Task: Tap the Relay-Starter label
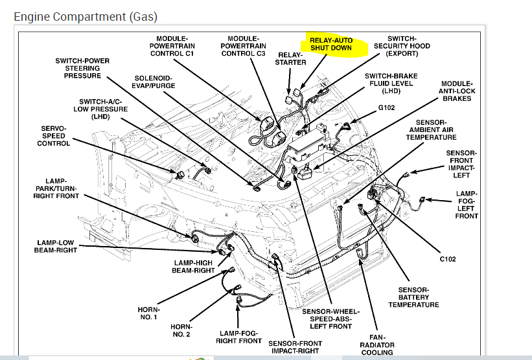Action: point(290,58)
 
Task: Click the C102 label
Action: point(447,259)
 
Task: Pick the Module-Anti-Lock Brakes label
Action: point(457,91)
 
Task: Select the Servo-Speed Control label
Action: point(54,135)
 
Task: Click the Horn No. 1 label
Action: point(149,313)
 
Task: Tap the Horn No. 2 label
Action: point(181,330)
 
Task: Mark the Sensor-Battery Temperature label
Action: point(414,297)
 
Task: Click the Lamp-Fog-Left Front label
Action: point(467,205)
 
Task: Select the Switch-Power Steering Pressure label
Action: point(82,68)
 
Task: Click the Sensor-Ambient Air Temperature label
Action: point(432,129)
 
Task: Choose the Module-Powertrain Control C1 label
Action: point(172,46)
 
